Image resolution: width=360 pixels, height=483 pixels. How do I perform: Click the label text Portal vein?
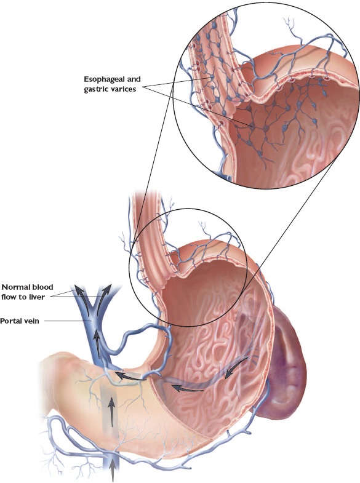pos(20,321)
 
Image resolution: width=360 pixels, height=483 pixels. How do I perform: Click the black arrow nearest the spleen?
pos(236,368)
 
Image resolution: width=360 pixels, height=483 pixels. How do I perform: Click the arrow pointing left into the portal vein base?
pos(132,377)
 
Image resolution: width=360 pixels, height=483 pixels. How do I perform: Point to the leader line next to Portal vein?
pos(66,321)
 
